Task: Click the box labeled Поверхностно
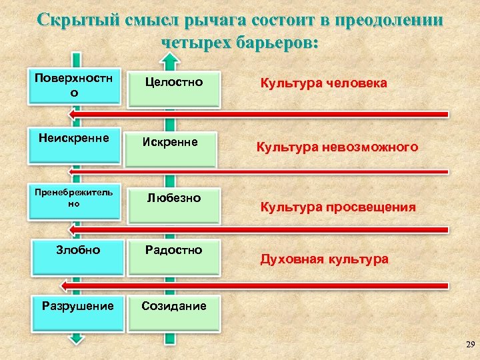point(74,85)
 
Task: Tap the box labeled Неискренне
point(74,143)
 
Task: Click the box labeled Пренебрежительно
point(74,199)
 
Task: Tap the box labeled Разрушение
point(77,311)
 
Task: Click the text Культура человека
point(323,84)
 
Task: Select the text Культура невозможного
point(337,147)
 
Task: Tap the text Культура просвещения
point(337,207)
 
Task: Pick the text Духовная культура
point(324,259)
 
